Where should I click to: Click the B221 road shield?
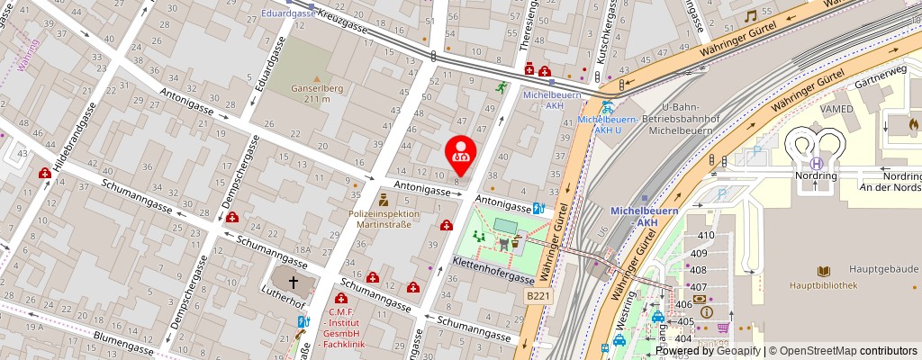(x=538, y=295)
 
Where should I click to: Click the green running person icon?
(x=501, y=87)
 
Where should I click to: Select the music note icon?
(x=750, y=16)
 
